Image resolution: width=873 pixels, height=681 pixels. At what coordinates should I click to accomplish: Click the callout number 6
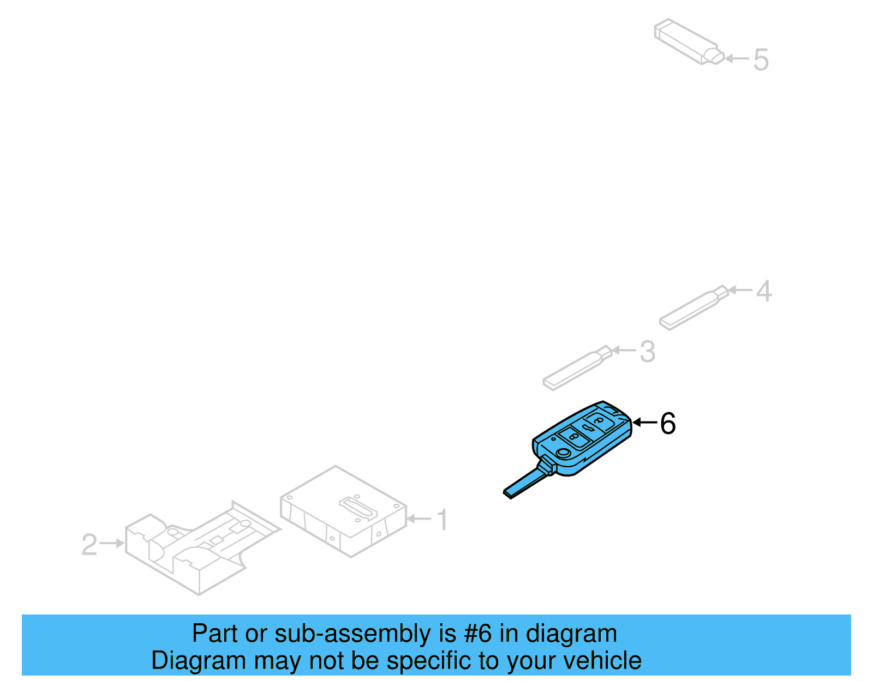coord(668,424)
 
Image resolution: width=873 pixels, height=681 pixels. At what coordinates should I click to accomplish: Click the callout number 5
coord(761,59)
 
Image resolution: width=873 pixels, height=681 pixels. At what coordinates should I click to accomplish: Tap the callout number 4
coord(764,291)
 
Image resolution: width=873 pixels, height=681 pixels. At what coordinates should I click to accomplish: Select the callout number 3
coord(647,352)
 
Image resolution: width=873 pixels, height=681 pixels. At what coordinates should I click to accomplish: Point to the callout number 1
coord(443,520)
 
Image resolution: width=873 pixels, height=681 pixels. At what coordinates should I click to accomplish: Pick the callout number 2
coord(89,545)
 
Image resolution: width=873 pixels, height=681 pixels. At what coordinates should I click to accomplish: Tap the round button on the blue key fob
coord(563,453)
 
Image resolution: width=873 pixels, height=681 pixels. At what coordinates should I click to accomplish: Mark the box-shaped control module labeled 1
coord(344,513)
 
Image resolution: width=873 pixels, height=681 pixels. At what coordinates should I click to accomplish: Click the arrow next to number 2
coord(112,543)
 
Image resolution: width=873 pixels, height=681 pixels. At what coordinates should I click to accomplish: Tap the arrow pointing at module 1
coord(419,519)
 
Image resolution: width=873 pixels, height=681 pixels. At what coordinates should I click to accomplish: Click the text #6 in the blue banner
coord(478,634)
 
